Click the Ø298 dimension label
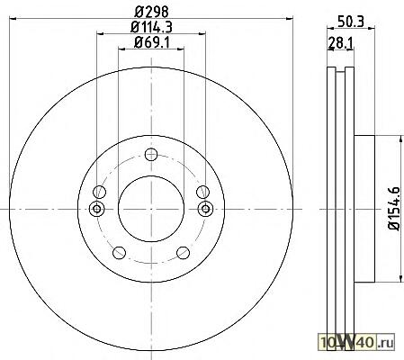(x=151, y=12)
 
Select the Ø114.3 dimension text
(x=151, y=27)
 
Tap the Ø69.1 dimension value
(x=152, y=42)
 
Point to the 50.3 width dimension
(x=351, y=22)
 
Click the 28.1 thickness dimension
(x=341, y=42)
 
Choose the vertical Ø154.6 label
(x=394, y=209)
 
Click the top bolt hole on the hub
(x=151, y=155)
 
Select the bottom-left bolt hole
(x=119, y=253)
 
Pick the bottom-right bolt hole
(x=184, y=253)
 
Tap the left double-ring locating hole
(x=97, y=209)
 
